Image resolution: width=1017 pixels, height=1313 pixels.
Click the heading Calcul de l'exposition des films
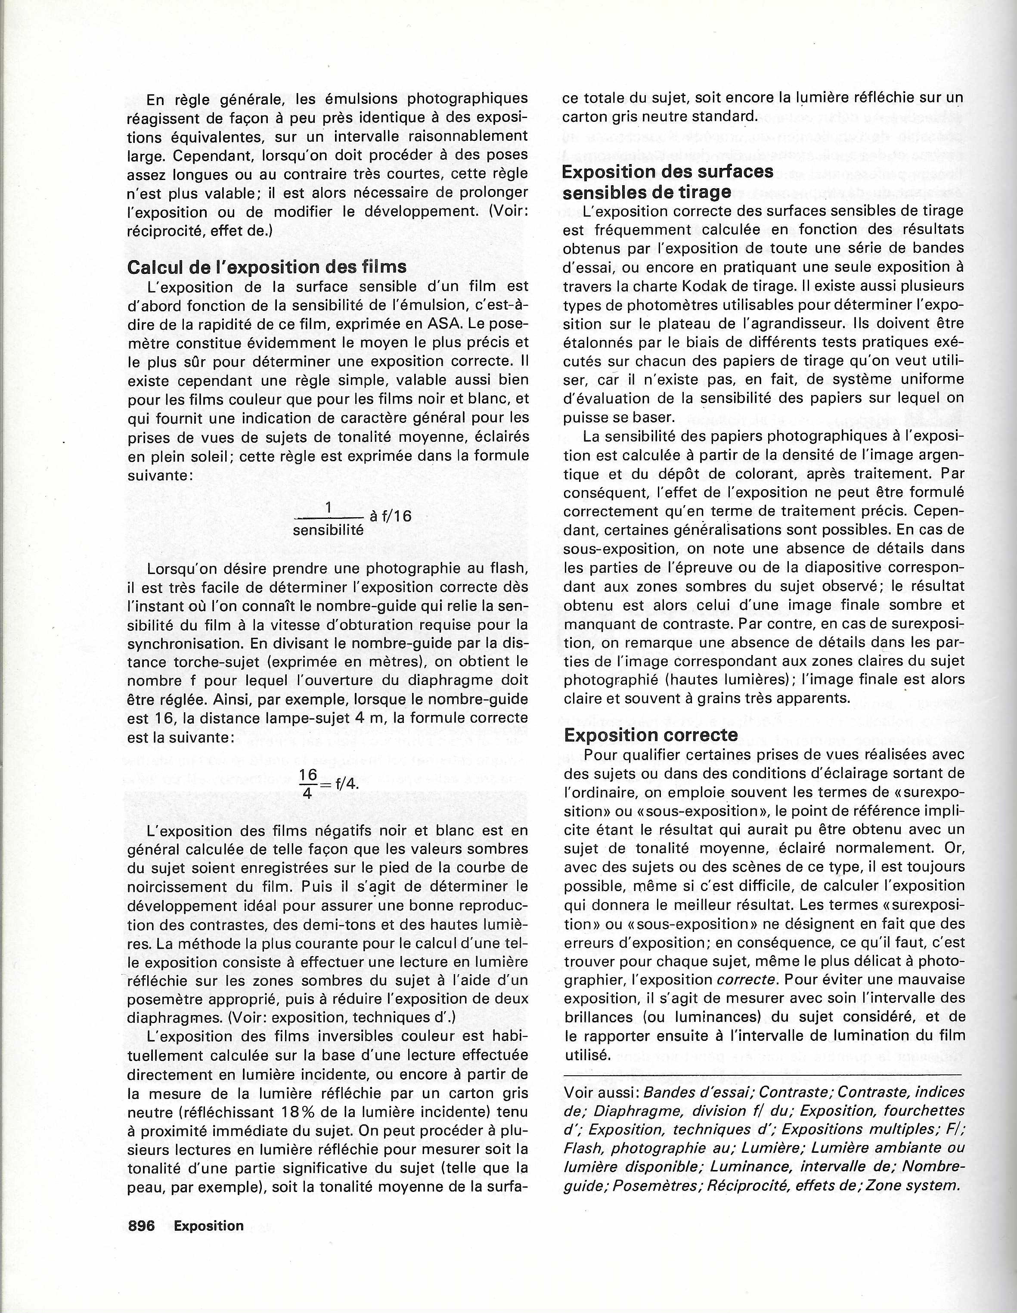(x=267, y=267)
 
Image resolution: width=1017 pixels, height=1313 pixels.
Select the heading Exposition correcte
(x=650, y=735)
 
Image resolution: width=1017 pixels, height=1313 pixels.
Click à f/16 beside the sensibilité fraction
(x=391, y=516)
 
